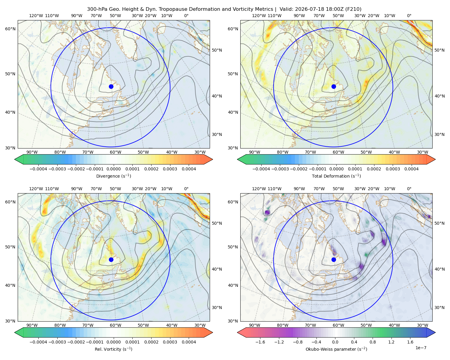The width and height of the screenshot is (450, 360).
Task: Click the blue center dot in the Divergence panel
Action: coord(111,87)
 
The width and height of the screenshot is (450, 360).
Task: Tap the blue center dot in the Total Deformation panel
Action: coord(334,87)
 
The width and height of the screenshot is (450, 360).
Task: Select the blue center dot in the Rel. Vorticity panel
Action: coord(111,259)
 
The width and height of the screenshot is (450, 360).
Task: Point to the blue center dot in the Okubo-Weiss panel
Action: coord(334,259)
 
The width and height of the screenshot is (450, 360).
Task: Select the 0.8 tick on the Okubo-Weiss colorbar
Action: coord(373,342)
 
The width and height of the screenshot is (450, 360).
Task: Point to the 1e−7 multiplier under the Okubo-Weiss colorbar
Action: coord(421,348)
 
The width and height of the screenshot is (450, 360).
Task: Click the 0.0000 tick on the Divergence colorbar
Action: coord(113,169)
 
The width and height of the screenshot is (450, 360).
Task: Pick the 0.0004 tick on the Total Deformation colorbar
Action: coord(411,169)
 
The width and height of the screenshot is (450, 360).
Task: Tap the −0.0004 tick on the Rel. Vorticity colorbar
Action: coord(38,342)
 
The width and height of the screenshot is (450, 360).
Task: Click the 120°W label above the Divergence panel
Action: coord(36,16)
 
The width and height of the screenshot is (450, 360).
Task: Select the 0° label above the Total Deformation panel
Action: coord(409,16)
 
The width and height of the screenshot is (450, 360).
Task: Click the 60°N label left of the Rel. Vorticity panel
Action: coord(10,202)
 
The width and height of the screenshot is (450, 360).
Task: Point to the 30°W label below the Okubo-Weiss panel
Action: coord(423,325)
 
